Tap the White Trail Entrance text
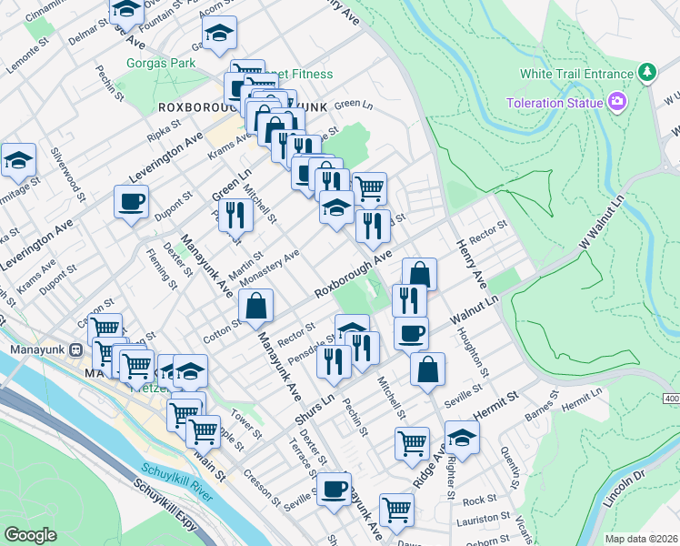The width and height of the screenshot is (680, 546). (x=576, y=74)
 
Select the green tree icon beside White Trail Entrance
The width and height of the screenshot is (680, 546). (x=646, y=73)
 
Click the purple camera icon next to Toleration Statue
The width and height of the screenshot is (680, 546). (x=618, y=102)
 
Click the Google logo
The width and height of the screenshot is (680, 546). (x=31, y=535)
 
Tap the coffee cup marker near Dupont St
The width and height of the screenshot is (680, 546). (x=132, y=202)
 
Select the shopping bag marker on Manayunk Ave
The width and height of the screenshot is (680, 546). (x=256, y=308)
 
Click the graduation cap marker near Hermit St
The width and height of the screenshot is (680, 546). (x=462, y=438)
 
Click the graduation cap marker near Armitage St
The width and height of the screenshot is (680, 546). (x=18, y=161)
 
